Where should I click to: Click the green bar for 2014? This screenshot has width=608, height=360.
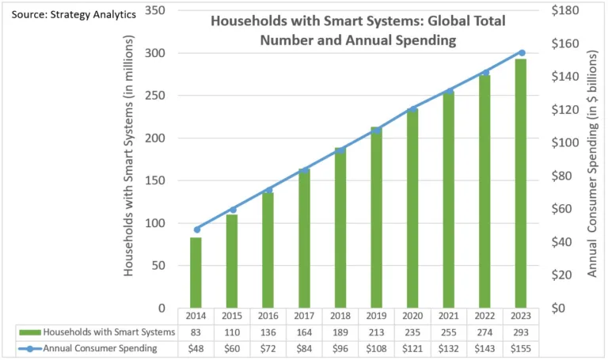click(x=196, y=272)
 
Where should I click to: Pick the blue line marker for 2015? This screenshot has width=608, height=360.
click(x=233, y=210)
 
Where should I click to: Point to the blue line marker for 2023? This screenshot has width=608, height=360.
click(x=521, y=52)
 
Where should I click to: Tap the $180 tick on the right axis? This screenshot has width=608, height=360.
click(x=565, y=10)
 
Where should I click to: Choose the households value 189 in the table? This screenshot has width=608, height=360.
click(x=341, y=331)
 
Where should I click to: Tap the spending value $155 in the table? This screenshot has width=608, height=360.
click(x=521, y=347)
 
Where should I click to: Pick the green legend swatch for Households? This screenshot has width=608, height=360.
click(x=27, y=331)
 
